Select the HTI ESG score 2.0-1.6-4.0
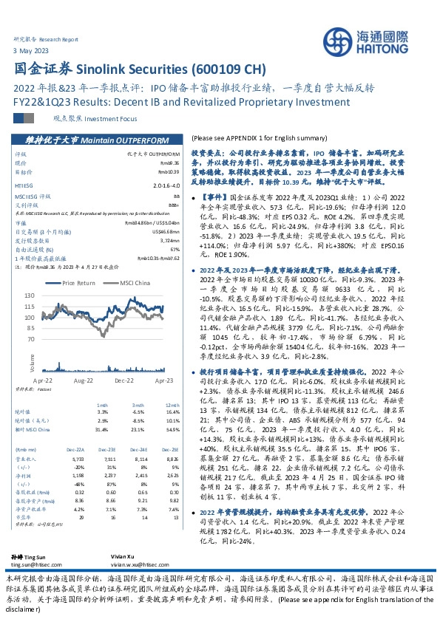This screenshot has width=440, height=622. [x=168, y=186]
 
